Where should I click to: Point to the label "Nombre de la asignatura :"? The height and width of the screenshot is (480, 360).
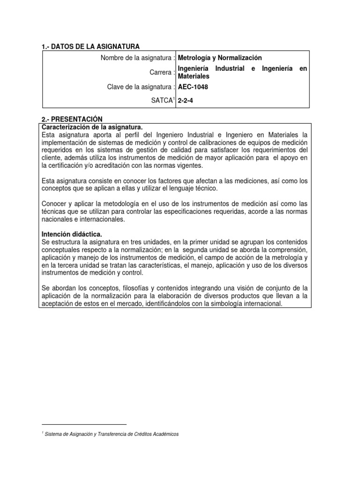[x=138, y=58]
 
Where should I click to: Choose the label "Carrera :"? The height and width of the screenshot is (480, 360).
[x=163, y=72]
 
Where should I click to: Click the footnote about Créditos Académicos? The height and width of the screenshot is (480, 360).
[x=111, y=434]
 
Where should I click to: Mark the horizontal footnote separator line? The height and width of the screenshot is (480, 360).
[x=84, y=424]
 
